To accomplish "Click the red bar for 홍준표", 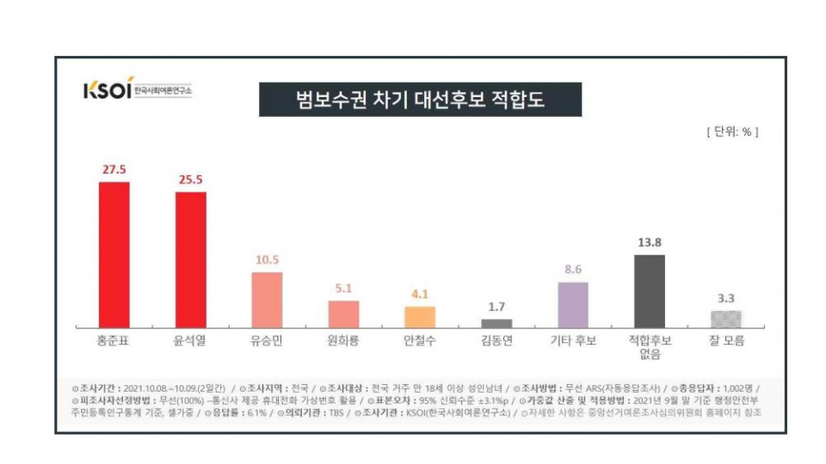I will (114, 254).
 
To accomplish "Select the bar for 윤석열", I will (190, 259).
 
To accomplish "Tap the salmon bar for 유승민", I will (267, 299).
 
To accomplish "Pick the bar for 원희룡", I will (343, 314).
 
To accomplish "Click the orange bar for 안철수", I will (420, 316).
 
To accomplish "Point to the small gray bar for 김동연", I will (496, 323).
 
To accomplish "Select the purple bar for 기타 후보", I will (572, 304).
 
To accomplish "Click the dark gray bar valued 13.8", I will (649, 290).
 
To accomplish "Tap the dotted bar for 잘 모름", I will (725, 319).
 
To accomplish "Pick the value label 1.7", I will (496, 308).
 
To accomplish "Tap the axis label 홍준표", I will (114, 341).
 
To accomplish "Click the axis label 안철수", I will (420, 341).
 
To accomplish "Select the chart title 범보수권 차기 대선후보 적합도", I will (420, 100).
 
